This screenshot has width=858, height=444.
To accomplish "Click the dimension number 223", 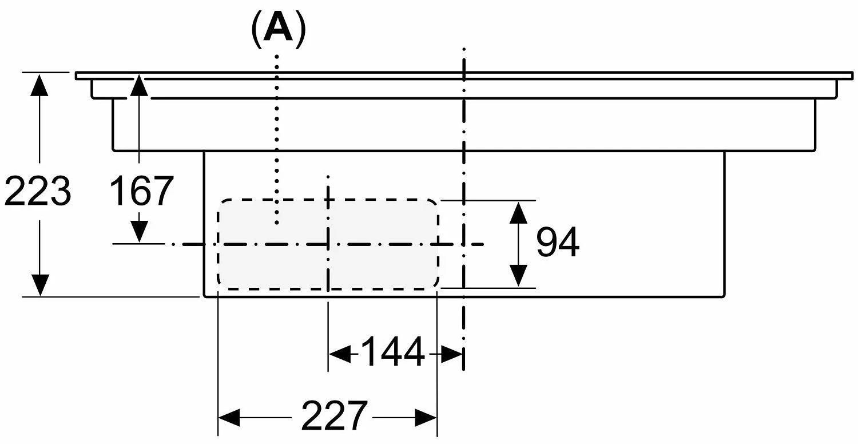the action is (38, 191).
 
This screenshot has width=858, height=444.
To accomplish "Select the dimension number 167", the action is (141, 191).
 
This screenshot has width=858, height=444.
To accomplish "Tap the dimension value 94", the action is (558, 243).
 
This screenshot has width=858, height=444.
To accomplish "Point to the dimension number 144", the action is (393, 352).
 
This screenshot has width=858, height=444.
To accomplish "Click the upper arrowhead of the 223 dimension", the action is (39, 85).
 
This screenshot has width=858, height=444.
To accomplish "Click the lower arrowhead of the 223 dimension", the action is (40, 286).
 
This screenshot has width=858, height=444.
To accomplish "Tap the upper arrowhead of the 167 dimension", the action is (139, 85).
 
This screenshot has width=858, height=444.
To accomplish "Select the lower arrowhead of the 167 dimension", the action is (139, 232).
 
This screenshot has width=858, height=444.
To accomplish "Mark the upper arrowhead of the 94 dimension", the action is (518, 213).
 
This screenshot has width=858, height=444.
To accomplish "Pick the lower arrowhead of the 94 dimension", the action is (518, 276).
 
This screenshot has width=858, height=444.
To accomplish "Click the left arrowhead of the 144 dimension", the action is (340, 354).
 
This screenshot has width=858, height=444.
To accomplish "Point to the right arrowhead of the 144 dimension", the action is (452, 354).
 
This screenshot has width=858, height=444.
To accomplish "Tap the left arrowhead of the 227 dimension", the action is (229, 418).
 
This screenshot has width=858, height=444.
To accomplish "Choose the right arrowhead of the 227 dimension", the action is (426, 418).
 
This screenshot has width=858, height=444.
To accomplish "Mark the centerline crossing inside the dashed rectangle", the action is (328, 244).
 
